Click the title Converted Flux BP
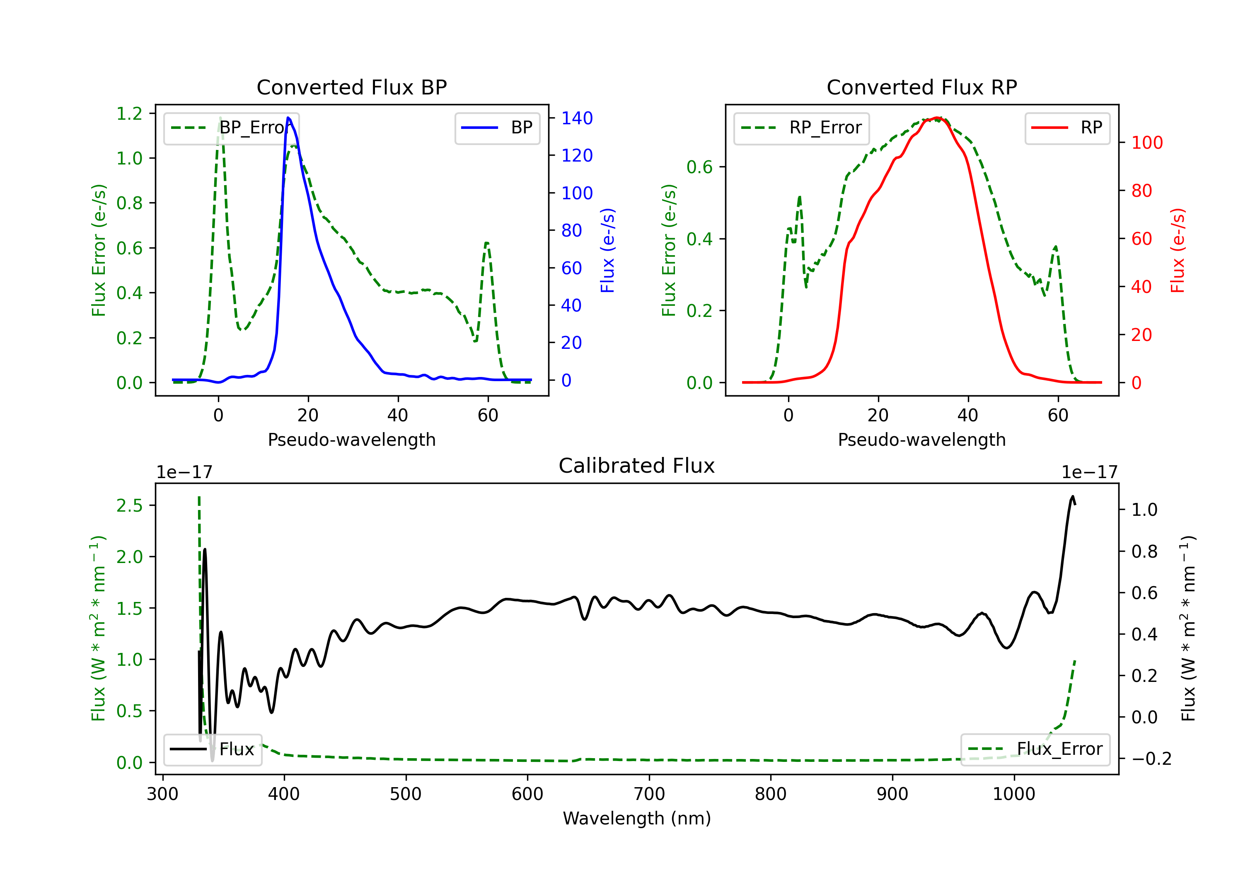351,87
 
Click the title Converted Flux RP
921,87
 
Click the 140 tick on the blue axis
577,118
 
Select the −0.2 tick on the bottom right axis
1151,759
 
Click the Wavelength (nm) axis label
637,818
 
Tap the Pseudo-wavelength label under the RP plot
921,440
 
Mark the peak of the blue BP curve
288,118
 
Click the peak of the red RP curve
937,118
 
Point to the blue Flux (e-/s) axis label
607,250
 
